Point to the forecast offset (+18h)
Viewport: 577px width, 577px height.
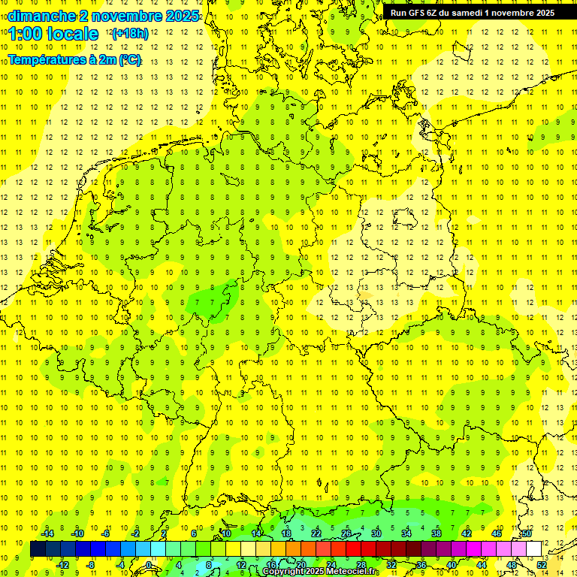coord(130,33)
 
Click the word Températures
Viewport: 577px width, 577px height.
coord(44,59)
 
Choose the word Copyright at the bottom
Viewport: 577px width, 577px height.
coord(283,572)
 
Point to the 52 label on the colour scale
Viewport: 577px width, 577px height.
coord(542,564)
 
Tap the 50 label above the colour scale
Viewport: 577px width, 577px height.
coord(527,533)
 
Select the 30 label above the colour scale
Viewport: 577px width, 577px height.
coord(376,533)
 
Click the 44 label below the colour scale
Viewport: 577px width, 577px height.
coord(482,564)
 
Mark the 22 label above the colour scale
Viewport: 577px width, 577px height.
coord(316,533)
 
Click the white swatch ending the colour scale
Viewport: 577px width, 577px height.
coord(533,549)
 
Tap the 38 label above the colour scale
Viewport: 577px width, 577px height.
coord(437,533)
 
